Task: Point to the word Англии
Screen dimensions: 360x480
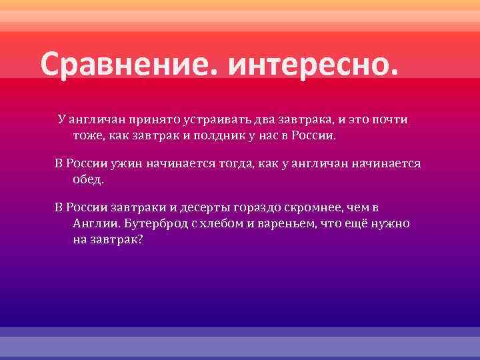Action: [92, 224]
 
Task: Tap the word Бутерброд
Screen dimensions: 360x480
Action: [151, 224]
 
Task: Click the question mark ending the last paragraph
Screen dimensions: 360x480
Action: [140, 240]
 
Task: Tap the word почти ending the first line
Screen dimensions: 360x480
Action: [390, 120]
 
